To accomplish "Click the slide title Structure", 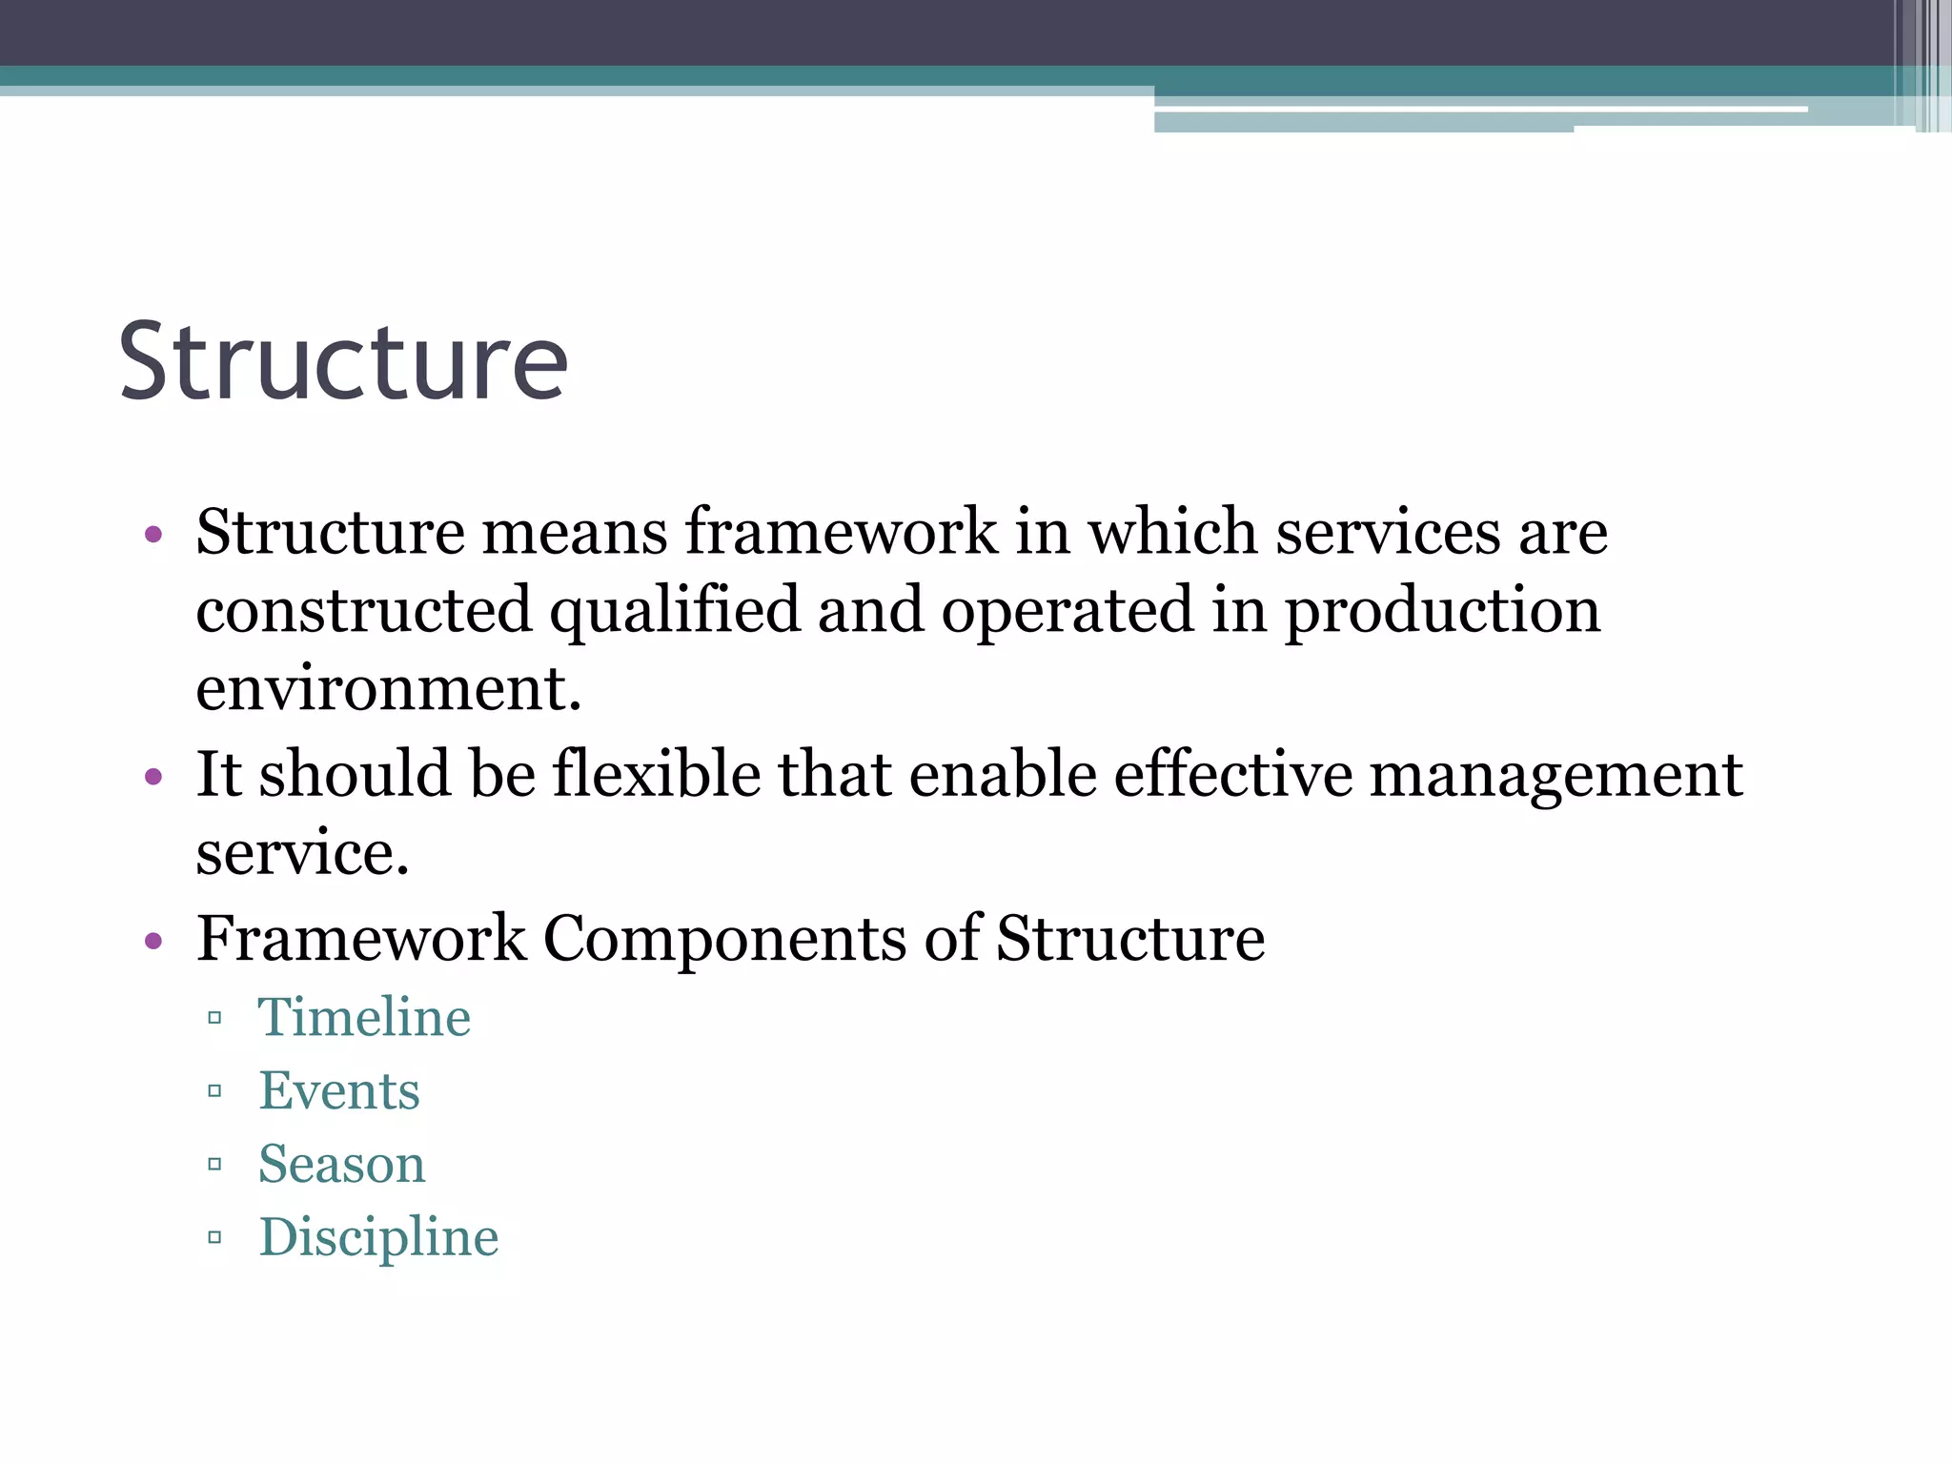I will pos(343,362).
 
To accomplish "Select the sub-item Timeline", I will pos(364,1017).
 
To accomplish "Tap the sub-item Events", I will pos(339,1090).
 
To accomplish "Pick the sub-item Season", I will pos(342,1164).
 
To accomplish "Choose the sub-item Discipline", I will pos(378,1237).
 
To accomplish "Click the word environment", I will pos(388,687).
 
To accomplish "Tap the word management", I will pos(1555,775).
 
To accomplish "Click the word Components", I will pos(724,939).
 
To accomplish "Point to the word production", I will pos(1442,611).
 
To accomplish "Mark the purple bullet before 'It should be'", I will pos(153,777).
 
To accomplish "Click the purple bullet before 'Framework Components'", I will pos(153,942).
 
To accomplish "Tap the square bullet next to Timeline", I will pos(214,1018).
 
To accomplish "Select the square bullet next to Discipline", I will pos(214,1238).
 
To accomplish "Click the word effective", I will pos(1232,773).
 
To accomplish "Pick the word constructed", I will pos(363,611).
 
